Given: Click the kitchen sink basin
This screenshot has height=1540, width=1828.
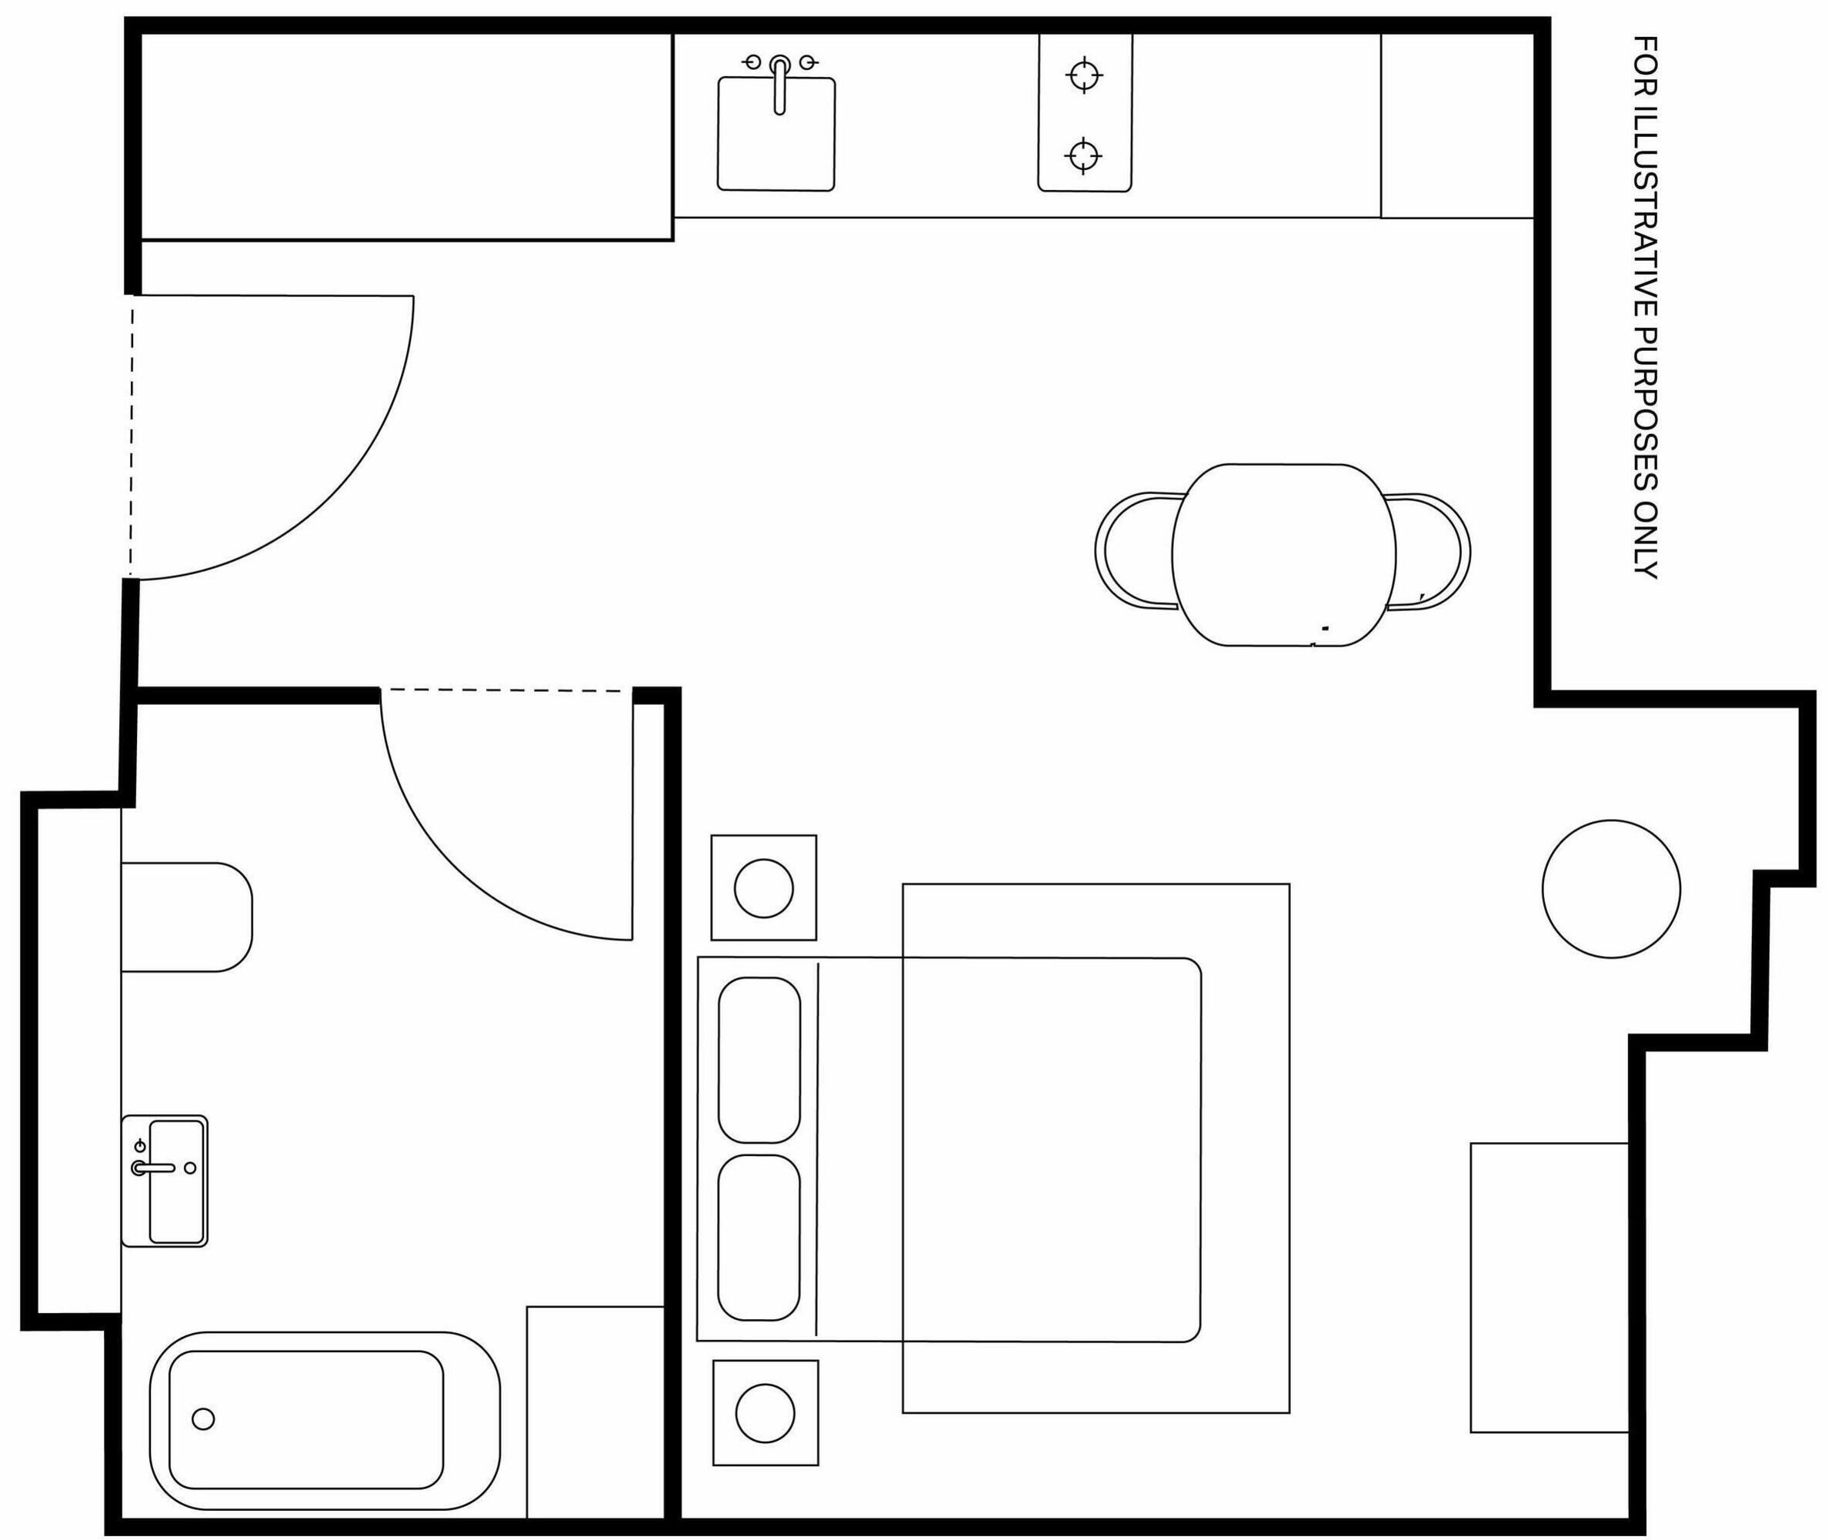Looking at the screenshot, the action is click(776, 134).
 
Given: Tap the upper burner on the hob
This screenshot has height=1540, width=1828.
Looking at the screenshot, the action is click(1084, 75).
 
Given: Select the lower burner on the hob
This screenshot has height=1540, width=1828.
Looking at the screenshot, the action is click(1082, 156).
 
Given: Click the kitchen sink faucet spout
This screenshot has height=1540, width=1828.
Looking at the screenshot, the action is click(779, 85).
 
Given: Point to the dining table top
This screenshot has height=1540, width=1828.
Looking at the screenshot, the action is click(1283, 555).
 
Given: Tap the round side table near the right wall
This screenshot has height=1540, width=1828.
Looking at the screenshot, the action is click(1611, 889).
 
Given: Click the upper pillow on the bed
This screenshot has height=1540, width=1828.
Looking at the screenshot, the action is click(759, 1060).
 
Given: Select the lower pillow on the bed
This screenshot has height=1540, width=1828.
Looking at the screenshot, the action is click(759, 1238).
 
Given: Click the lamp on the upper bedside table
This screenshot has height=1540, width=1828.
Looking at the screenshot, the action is click(763, 888).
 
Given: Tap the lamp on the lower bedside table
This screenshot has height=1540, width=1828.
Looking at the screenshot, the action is click(766, 1412).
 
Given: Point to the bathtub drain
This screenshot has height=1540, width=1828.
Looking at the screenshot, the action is click(202, 1419).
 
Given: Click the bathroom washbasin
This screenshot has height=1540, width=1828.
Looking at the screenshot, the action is click(165, 1181).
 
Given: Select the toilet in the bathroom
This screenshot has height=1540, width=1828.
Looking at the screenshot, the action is click(186, 917).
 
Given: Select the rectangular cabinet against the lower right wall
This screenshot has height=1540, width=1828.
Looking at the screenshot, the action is click(1549, 1288).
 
